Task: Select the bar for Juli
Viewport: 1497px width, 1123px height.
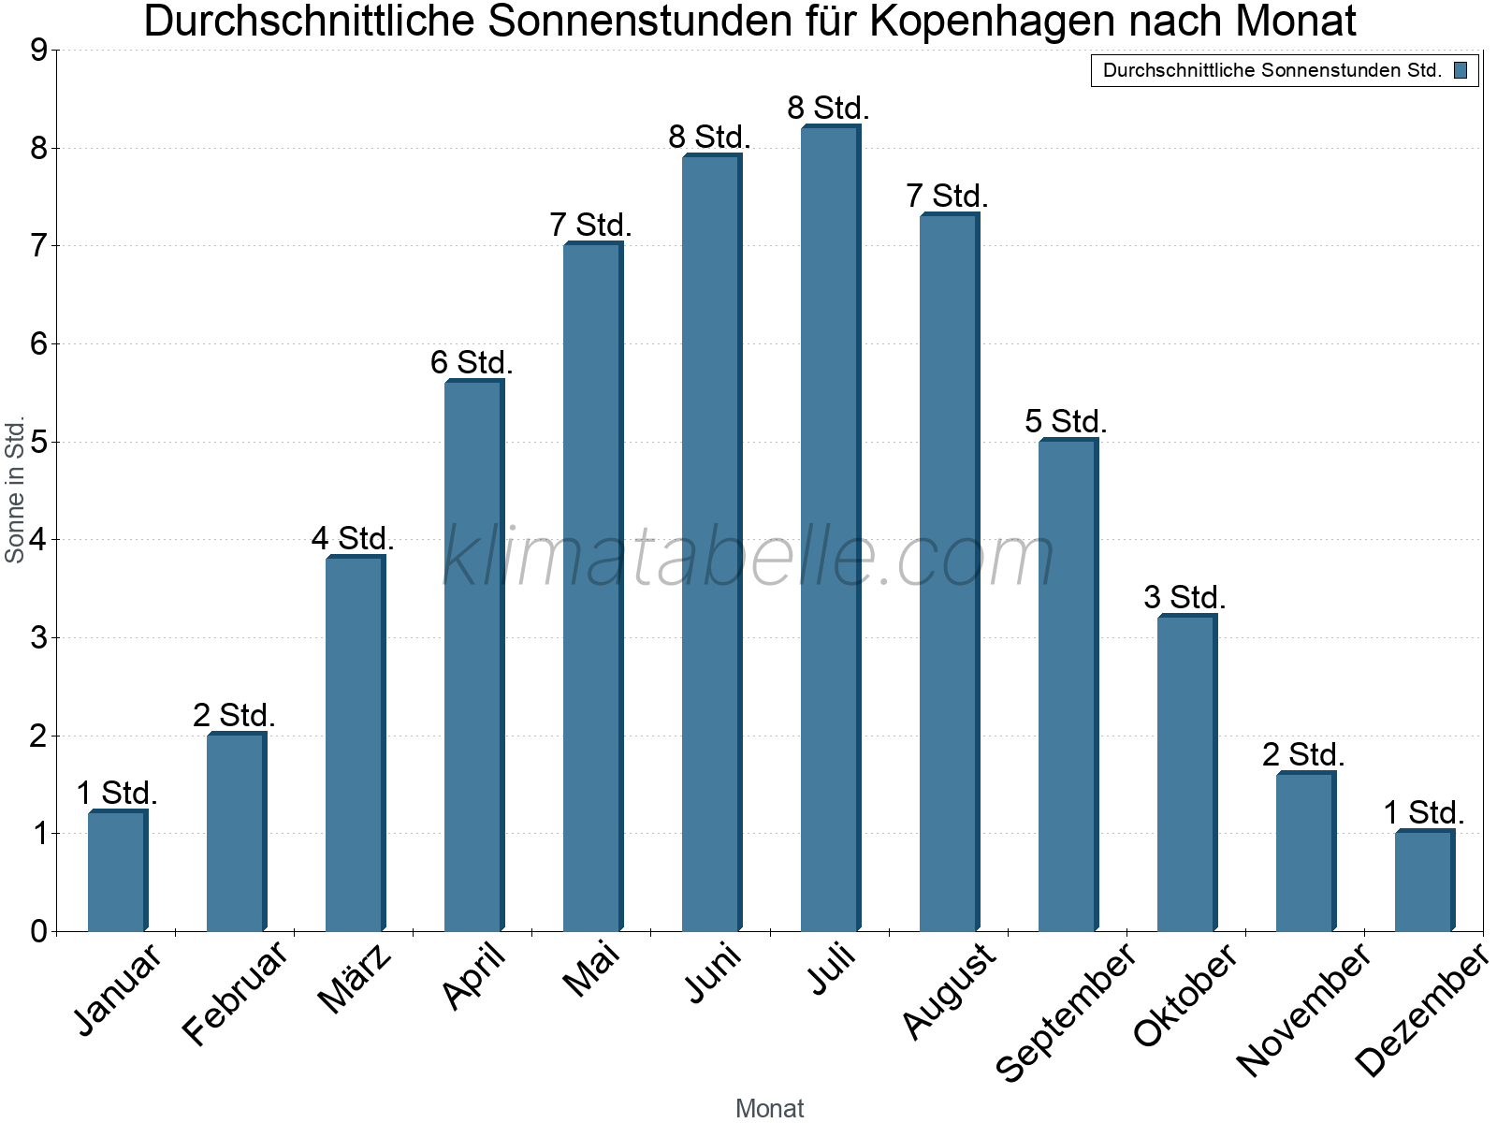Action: coord(830,529)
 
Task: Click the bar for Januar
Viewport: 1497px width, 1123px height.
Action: coord(117,870)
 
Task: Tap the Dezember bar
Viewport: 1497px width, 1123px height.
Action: coord(1424,881)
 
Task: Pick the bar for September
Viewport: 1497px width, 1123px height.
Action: coord(1068,685)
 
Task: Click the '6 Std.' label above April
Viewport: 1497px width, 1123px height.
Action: coord(472,362)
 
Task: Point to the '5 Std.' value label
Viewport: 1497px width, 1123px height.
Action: coord(1066,421)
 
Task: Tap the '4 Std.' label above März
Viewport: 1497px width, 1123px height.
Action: coord(353,538)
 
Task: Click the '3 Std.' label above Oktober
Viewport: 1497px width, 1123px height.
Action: coord(1185,597)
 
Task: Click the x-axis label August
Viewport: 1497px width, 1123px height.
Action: coord(949,990)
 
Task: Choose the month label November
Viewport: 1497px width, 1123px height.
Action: coord(1303,1009)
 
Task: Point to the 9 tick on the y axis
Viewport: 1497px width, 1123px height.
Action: coord(38,51)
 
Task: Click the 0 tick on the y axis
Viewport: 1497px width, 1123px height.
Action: coord(38,931)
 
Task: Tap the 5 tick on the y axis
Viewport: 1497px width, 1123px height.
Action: coord(38,442)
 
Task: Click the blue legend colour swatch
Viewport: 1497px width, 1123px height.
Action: coord(1461,70)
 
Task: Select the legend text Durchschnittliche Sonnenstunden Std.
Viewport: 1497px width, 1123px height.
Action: coord(1272,70)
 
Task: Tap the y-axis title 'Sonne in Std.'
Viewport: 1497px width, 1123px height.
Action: coord(15,491)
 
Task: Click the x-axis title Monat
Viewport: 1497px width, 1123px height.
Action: coord(769,1108)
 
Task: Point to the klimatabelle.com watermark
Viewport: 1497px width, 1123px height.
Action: coord(748,557)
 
